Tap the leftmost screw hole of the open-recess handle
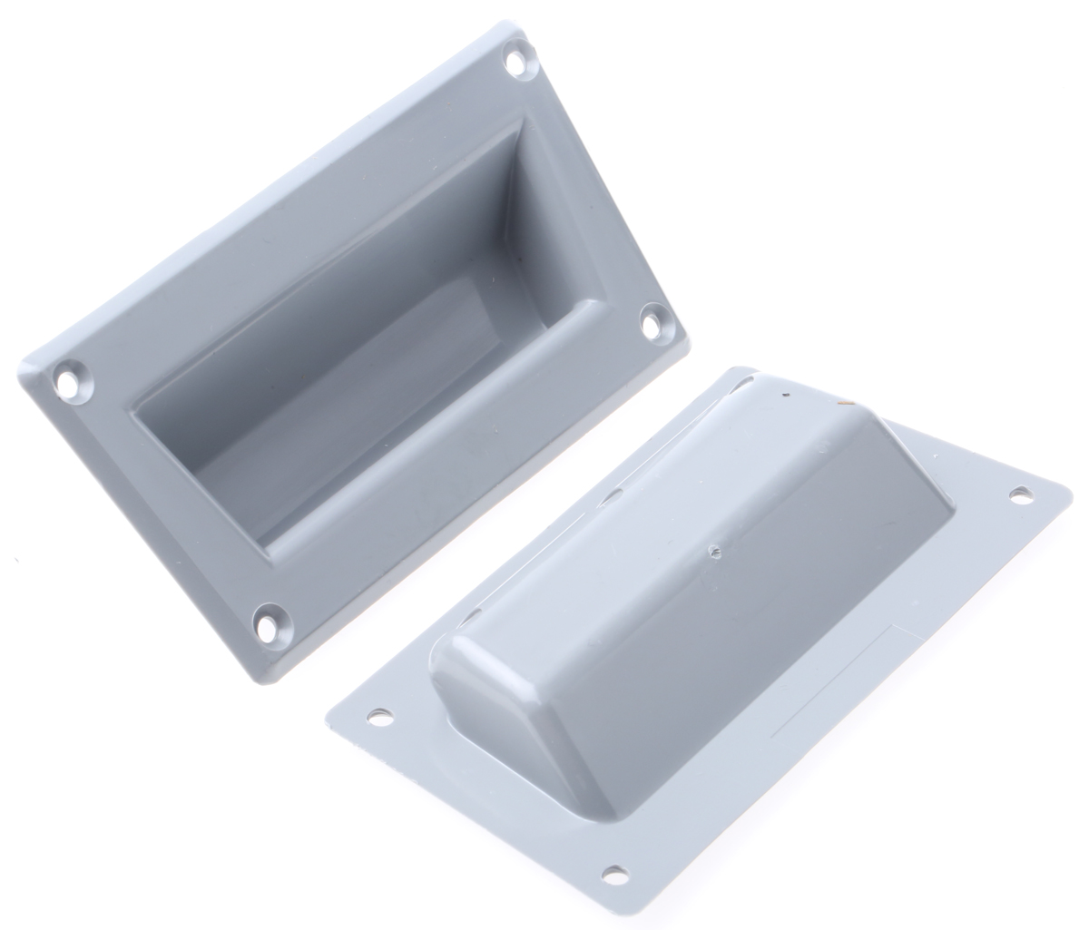point(70,379)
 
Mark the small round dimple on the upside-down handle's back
point(716,548)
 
